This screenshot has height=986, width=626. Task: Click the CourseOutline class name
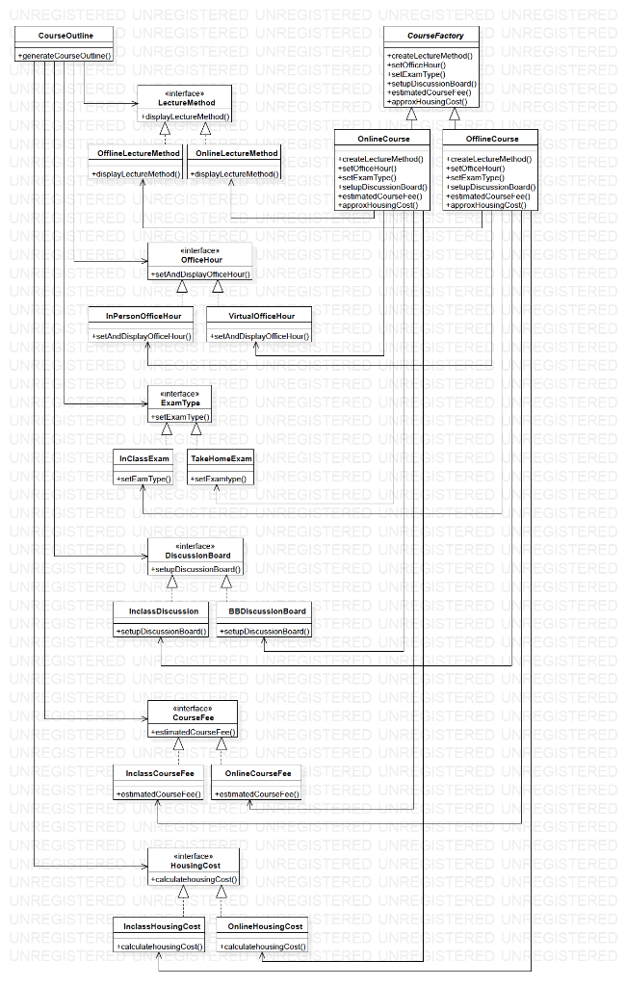[x=65, y=36]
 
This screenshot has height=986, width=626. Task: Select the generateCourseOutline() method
[x=65, y=56]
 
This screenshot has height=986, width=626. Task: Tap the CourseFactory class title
[x=434, y=36]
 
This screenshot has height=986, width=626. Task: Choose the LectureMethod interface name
[x=186, y=102]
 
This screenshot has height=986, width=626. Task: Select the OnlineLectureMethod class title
[x=237, y=153]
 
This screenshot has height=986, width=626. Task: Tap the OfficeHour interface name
[x=199, y=260]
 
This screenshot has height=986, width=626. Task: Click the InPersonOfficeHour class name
[x=142, y=316]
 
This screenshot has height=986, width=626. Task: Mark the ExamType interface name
[x=179, y=402]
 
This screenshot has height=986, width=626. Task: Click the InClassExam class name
[x=143, y=458]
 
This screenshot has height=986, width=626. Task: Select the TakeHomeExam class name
[x=221, y=458]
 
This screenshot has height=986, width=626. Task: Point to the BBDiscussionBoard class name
[x=267, y=610]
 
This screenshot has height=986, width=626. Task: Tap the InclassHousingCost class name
[x=162, y=925]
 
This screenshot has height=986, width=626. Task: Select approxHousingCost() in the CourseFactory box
[x=426, y=101]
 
